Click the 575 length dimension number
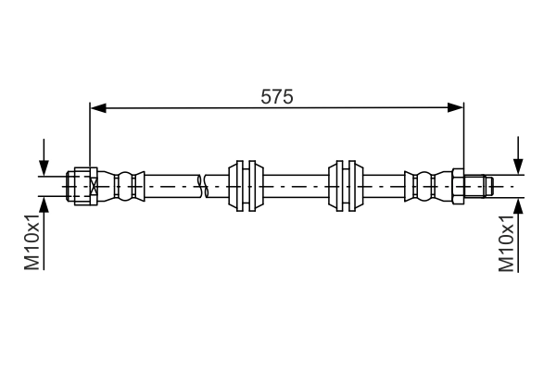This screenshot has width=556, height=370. point(276,95)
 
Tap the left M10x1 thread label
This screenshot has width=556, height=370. point(32,243)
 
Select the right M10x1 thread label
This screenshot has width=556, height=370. point(506,243)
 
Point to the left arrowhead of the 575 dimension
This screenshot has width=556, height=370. point(97,108)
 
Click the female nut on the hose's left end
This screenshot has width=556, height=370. point(83,185)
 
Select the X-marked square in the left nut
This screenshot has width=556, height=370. point(93,185)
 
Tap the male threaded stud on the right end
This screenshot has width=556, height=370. point(477,185)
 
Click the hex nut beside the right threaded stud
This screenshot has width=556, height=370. point(457,185)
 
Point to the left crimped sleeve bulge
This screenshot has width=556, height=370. point(128,185)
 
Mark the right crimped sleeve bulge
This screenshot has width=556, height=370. point(424,185)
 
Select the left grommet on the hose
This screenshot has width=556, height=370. point(246,185)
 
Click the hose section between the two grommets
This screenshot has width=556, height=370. point(297,185)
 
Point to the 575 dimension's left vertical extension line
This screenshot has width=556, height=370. point(90,139)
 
